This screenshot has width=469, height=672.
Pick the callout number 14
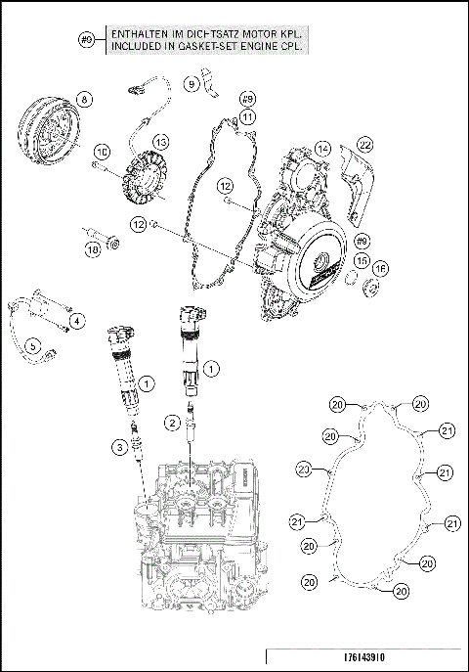[x=322, y=150]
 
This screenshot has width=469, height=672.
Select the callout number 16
[x=380, y=268]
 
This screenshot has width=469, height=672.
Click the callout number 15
[x=362, y=261]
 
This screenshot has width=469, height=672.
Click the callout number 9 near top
[x=192, y=84]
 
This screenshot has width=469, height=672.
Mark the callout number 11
[x=248, y=116]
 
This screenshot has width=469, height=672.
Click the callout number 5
[x=32, y=344]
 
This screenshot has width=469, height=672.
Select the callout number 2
[x=172, y=423]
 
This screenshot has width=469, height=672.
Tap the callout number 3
[x=120, y=447]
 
